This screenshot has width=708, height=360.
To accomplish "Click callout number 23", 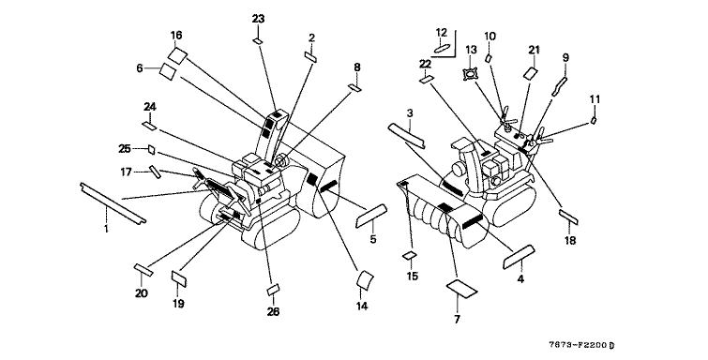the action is click(x=258, y=19).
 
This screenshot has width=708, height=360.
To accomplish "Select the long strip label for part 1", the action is click(x=113, y=203).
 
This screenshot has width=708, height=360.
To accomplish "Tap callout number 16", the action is click(x=176, y=36).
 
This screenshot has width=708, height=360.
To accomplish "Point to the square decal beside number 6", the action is click(x=168, y=71).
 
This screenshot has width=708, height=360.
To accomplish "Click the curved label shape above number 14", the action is click(x=366, y=279).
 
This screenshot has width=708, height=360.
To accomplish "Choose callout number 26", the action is click(x=273, y=311).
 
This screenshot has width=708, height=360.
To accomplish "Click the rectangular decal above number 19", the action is click(x=179, y=277).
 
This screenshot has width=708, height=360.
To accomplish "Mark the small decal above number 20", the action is click(x=143, y=269).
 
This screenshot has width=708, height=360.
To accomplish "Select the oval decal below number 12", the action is click(x=441, y=48).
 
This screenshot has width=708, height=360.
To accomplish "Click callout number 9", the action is click(x=565, y=58).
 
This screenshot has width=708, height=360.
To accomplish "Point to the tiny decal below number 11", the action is click(x=595, y=120).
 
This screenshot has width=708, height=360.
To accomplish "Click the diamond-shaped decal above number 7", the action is click(x=462, y=289).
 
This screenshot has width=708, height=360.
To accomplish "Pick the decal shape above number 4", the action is click(x=519, y=257).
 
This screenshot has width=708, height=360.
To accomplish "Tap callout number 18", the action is click(x=570, y=240).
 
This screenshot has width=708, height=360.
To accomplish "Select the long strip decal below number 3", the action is click(x=406, y=135).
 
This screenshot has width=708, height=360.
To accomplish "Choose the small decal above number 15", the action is click(x=409, y=256).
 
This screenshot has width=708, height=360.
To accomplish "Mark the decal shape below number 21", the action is click(x=531, y=73).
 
